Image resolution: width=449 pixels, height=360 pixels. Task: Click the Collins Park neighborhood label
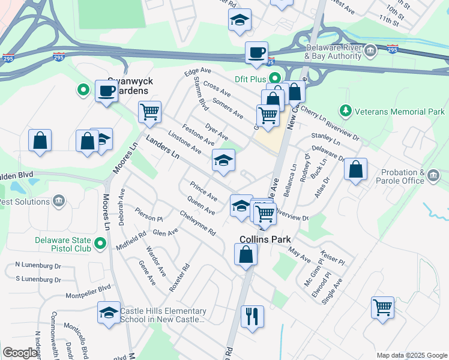click(265, 238)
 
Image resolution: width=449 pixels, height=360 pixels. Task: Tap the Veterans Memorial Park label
click(399, 112)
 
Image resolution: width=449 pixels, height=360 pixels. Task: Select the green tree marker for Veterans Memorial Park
click(345, 111)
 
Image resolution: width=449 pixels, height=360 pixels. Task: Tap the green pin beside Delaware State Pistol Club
click(101, 244)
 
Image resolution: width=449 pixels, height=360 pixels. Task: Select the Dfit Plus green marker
click(275, 78)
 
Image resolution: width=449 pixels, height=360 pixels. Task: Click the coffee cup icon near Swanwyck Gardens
click(107, 91)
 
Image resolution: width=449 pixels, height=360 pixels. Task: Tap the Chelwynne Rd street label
click(197, 223)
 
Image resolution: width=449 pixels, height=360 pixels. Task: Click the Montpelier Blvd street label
click(88, 287)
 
